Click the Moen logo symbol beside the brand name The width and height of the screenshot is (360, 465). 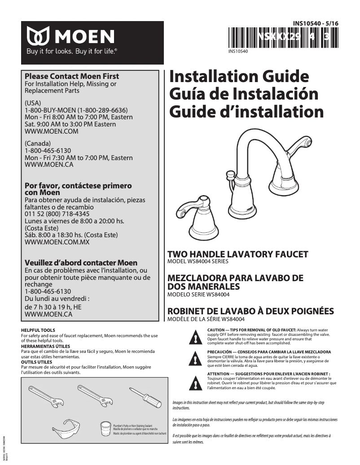(38, 36)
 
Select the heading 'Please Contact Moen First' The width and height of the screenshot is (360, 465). (72, 76)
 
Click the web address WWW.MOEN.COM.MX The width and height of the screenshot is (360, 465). (57, 242)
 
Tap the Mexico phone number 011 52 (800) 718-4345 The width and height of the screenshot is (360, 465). (57, 214)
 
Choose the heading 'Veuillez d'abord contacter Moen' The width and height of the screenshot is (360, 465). (81, 263)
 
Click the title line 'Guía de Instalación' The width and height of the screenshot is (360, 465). (244, 94)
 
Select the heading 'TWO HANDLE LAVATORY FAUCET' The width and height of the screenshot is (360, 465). (237, 255)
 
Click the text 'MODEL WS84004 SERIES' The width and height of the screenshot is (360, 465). (198, 261)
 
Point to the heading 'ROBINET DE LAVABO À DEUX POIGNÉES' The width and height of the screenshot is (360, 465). (250, 311)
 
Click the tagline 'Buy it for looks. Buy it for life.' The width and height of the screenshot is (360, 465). (71, 52)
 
